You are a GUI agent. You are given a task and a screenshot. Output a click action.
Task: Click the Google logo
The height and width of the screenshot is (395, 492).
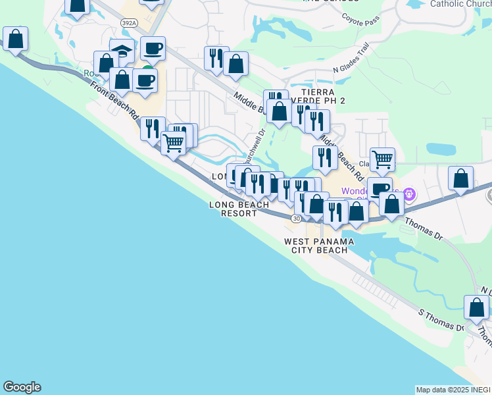coord(22,387)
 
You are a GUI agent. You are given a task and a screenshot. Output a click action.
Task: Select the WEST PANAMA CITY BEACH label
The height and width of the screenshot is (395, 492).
coord(319,246)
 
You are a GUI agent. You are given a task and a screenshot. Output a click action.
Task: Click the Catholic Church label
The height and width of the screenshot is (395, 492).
coord(460,4)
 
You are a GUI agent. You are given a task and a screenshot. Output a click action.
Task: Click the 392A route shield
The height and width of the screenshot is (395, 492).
coord(130,23)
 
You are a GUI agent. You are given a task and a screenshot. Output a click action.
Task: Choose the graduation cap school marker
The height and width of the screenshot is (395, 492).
coord(122,51)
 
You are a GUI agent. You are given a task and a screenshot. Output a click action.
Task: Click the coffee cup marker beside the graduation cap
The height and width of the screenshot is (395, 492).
coord(153,48)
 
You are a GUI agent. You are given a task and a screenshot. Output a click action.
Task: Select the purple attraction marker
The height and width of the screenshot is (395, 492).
coord(410,194)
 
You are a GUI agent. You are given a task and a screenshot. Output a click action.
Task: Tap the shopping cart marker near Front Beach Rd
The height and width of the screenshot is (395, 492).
coord(173,142)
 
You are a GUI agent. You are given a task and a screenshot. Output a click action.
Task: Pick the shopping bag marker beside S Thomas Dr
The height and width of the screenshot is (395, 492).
coord(476,307)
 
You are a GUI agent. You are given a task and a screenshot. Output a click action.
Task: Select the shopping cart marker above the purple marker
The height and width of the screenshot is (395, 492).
coord(382,159)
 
